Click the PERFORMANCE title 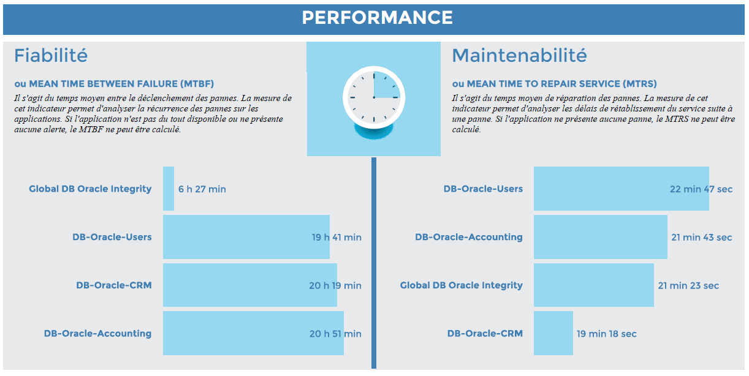point(377,17)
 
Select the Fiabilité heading point(51,56)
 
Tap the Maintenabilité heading point(519,56)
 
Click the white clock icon point(373,97)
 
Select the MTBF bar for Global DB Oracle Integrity point(169,189)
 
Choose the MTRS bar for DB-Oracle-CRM point(553,333)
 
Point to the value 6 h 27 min point(202,189)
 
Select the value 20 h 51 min point(335,334)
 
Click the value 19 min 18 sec point(606,334)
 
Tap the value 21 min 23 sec point(688,285)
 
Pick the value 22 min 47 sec point(701,189)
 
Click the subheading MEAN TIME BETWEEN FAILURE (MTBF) point(114,84)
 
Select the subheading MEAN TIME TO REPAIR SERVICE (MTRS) point(554,84)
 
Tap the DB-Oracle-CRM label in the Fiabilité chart point(113,285)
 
